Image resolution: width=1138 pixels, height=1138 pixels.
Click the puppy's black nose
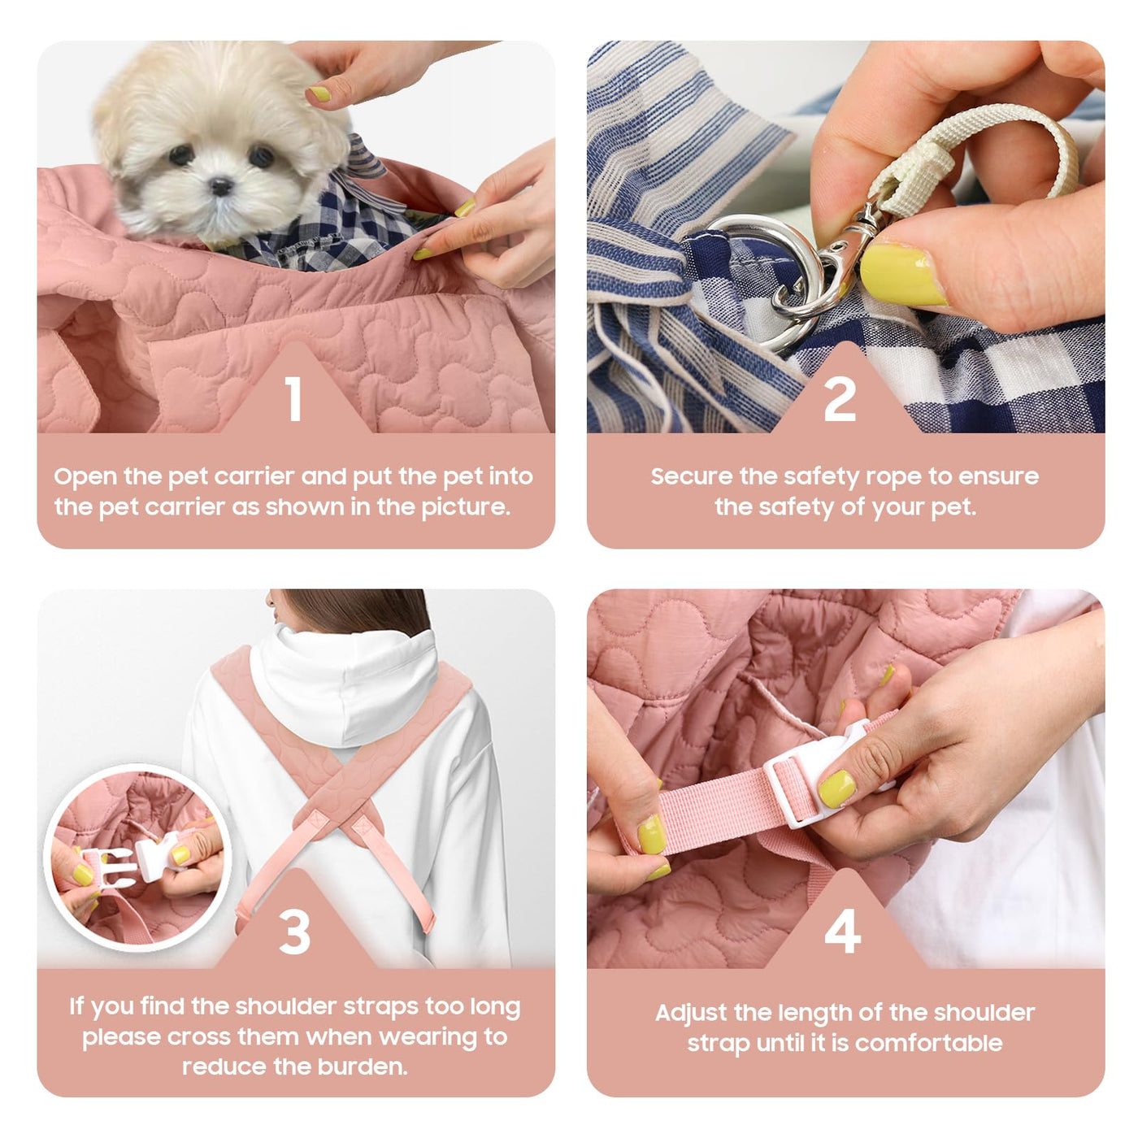tap(221, 187)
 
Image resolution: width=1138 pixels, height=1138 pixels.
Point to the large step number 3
tap(295, 932)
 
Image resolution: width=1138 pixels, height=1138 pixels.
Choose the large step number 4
tap(842, 931)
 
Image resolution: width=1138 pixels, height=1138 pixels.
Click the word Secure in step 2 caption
tap(692, 476)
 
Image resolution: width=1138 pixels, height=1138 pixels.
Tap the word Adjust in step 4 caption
tap(692, 1014)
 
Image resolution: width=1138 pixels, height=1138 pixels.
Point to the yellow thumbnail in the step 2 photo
tap(903, 275)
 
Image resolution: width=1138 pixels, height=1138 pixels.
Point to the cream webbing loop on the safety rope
tap(971, 157)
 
